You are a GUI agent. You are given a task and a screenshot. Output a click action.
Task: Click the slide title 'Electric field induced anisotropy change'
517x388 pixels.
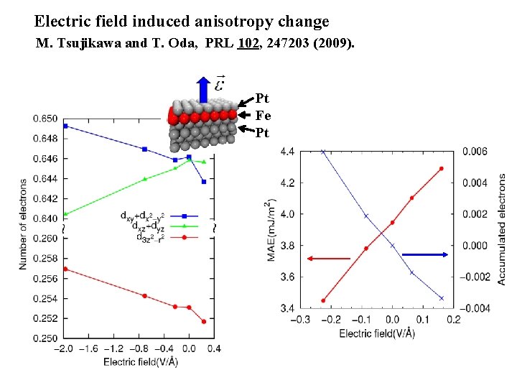[x=182, y=22]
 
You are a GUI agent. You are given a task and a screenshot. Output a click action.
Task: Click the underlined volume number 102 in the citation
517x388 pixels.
[x=248, y=45]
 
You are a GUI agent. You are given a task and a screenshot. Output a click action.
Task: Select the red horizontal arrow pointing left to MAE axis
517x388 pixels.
[x=328, y=258]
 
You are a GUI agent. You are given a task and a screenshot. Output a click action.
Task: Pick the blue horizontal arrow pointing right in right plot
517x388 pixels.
[x=429, y=254]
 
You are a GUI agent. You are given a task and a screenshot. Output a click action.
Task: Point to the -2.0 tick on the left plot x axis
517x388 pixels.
[x=65, y=348]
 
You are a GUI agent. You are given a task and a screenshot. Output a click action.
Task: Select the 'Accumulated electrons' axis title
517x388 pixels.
[x=501, y=228]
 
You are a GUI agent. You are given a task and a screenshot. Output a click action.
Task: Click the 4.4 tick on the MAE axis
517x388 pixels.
[x=287, y=151]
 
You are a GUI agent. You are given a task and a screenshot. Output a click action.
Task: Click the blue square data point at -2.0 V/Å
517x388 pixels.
[x=65, y=126]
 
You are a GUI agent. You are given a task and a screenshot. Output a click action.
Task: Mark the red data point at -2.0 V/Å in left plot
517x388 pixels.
[x=65, y=269]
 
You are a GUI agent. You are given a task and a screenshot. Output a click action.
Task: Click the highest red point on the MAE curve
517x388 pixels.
[x=441, y=169]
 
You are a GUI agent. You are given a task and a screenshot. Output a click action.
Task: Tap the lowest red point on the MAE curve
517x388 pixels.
[x=323, y=300]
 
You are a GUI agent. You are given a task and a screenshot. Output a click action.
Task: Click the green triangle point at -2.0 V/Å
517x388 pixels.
[x=65, y=213]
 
